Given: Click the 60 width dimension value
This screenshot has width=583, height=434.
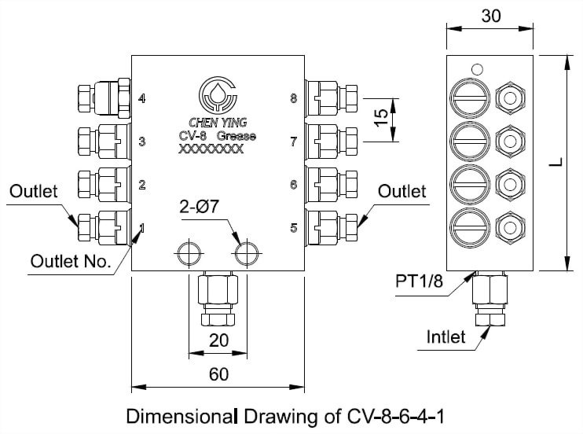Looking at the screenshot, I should coord(218,375).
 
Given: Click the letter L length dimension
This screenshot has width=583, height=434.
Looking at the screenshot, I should coord(555,163).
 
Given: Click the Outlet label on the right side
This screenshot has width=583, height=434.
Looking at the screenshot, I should coord(401,191).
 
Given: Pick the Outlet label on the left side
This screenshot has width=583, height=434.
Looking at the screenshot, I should coord(34,191).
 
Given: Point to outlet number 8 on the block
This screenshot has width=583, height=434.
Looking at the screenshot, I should coord(293,99).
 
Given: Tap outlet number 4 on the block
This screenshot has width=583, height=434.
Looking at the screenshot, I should coord(142,99).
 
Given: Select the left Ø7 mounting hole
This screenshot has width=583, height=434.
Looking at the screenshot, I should coord(189,253).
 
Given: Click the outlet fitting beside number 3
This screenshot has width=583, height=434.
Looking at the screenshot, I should coord(102,142).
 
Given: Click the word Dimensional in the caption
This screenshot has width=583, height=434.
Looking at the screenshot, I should coord(175,414).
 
